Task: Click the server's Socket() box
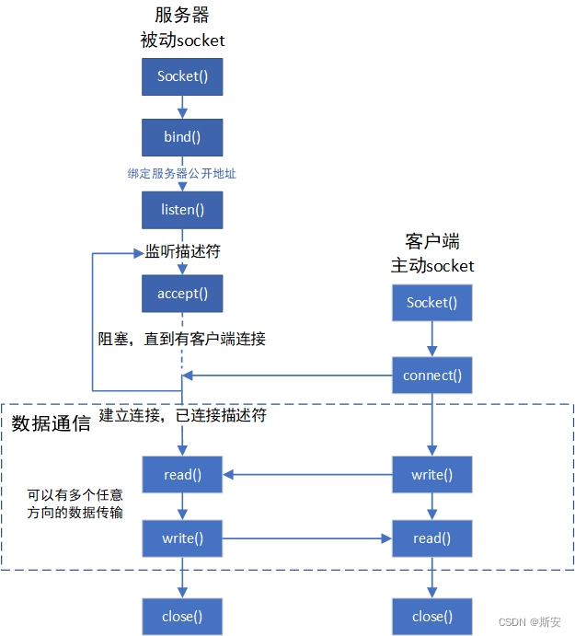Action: click(182, 77)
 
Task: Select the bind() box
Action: click(182, 137)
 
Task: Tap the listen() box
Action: click(182, 210)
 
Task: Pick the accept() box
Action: click(182, 294)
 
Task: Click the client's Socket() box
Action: click(431, 303)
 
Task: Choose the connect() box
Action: click(431, 376)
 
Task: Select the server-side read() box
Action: click(182, 475)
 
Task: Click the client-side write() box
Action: click(431, 475)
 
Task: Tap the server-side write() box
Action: click(182, 538)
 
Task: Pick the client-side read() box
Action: click(431, 538)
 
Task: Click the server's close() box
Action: click(182, 616)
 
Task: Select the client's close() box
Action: click(431, 616)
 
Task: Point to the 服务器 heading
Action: click(182, 16)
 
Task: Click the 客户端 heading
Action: click(431, 242)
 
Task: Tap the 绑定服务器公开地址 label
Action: click(182, 173)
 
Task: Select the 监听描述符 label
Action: click(182, 250)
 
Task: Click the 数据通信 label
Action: click(51, 424)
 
